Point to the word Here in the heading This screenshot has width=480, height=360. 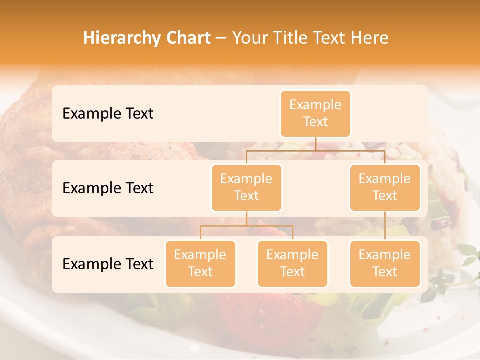370,38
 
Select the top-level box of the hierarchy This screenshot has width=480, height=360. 315,113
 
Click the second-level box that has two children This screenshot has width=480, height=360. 246,187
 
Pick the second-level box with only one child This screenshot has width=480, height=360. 385,187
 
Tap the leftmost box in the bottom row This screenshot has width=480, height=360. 200,263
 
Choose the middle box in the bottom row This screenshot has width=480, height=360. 292,263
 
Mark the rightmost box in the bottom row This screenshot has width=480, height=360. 385,263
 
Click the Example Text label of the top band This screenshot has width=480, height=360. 108,113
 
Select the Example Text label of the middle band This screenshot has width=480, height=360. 108,188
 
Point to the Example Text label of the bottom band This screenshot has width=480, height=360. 108,264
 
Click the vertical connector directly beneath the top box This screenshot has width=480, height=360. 315,144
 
